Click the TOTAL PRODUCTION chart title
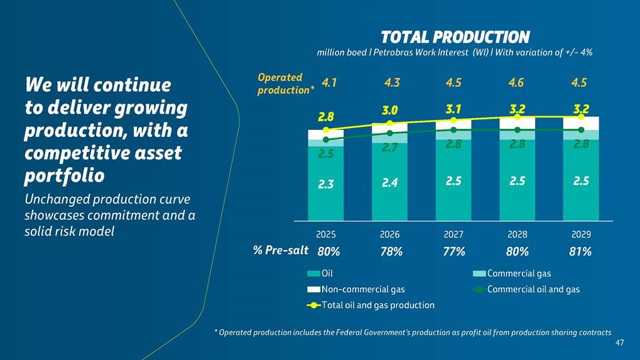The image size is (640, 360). tap(455, 37)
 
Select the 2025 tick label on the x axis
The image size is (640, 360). tap(325, 234)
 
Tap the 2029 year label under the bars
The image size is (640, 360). tap(581, 234)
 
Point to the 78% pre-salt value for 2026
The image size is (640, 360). tap(391, 252)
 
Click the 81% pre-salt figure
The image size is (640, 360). tap(580, 252)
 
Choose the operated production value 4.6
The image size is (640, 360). tap(517, 82)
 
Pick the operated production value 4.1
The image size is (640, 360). tap(329, 82)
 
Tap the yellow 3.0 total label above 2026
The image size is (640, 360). tap(390, 111)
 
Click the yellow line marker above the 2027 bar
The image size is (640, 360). tap(453, 120)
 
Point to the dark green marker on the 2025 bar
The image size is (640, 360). tap(325, 139)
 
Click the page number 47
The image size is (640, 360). tap(619, 342)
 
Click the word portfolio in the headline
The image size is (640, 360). tap(64, 176)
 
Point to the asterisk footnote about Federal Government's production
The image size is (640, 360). tap(412, 332)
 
